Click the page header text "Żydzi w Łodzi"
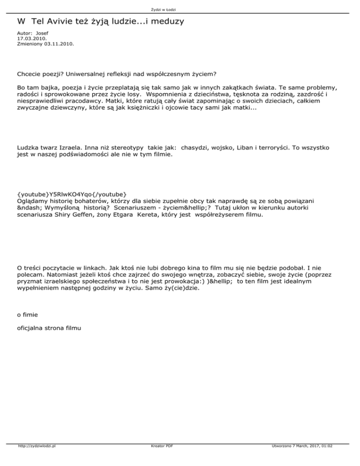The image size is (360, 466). tap(180, 9)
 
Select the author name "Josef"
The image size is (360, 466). tap(42, 33)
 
